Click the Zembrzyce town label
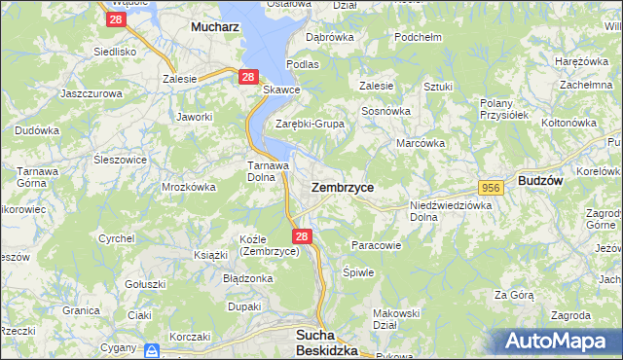(x=342, y=186)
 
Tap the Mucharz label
(x=215, y=28)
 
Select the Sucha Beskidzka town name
(x=326, y=342)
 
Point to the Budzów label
(x=546, y=181)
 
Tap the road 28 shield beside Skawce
(x=247, y=76)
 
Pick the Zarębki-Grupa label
(x=311, y=124)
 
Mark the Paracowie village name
(x=376, y=245)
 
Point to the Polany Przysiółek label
(x=504, y=108)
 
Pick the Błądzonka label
(x=247, y=277)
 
